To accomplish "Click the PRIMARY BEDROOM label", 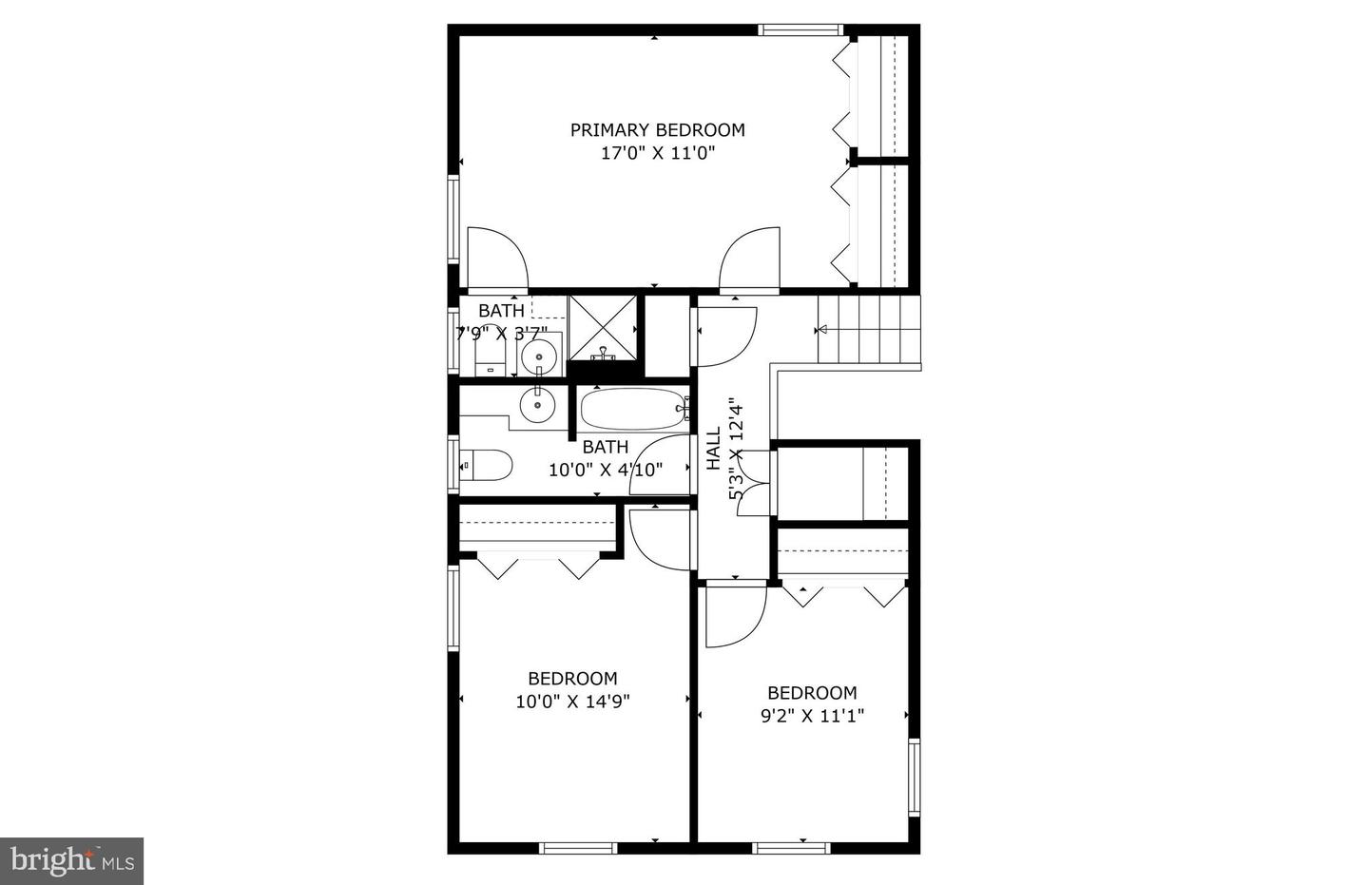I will (657, 130).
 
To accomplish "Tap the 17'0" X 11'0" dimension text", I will (657, 153).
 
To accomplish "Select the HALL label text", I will (714, 450).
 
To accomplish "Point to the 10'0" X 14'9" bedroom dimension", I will (573, 702).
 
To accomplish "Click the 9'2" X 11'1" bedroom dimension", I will (812, 716).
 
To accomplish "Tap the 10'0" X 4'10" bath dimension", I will (606, 469).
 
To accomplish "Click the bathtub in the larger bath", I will (633, 410).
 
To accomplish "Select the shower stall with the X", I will (603, 325).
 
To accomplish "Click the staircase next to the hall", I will (869, 330).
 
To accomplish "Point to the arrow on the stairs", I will (823, 330).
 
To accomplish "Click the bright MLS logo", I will (71, 861).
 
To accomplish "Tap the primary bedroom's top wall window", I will (800, 29).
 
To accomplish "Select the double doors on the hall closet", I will (753, 483).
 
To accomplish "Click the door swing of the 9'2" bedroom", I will (733, 614).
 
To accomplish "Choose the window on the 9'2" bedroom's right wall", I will (914, 779).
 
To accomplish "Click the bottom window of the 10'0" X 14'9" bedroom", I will (577, 847).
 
